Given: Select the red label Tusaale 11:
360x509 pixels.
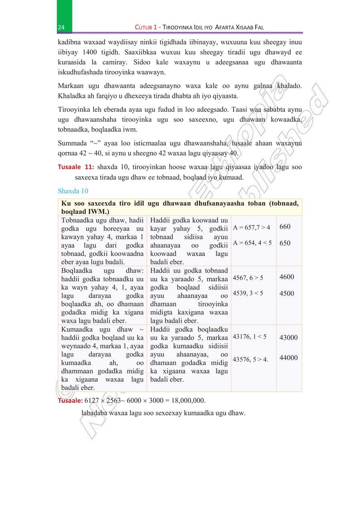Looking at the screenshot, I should tap(76, 167).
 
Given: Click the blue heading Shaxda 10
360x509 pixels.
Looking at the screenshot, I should tap(73, 191).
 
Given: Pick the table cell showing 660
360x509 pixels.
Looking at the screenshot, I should tap(285, 227).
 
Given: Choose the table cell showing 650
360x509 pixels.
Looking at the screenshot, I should tap(285, 243).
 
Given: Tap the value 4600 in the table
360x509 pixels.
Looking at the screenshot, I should tap(286, 277).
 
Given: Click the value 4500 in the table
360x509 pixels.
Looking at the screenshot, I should tap(286, 293).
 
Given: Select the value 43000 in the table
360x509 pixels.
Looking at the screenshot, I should tap(288, 338).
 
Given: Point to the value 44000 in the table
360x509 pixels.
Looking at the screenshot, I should tap(288, 358).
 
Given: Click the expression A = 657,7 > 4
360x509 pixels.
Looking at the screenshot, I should tap(252, 228).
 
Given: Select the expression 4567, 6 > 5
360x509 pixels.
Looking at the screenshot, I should tap(248, 278).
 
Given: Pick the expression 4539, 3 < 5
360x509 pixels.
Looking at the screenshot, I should tap(248, 293).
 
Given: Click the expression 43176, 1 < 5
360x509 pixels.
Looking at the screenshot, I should tap(250, 337).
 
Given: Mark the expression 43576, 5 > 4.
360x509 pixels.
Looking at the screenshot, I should tap(250, 359).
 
